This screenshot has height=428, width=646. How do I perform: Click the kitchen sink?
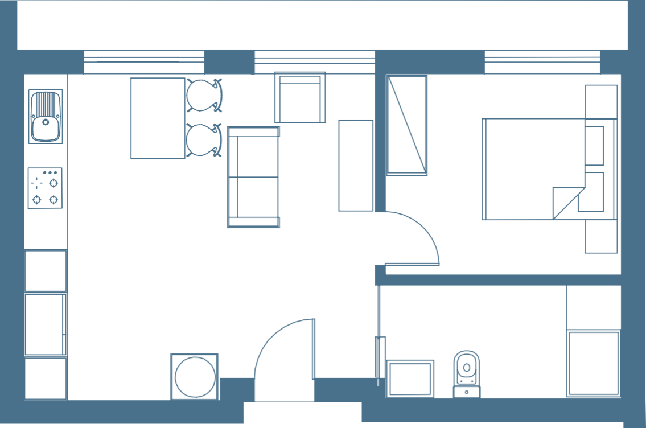point(46,116)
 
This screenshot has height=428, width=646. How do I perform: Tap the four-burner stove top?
point(46,188)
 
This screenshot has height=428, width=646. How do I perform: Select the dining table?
point(158,118)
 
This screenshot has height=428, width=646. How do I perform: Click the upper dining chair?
point(204,94)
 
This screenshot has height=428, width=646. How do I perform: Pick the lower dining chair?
point(204,139)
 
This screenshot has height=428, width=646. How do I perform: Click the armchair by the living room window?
point(300,97)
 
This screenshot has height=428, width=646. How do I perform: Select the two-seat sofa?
point(253,177)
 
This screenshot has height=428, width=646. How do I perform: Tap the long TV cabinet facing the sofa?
point(356,165)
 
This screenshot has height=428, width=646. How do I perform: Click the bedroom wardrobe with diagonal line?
point(407,125)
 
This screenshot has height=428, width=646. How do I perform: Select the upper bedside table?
point(601,101)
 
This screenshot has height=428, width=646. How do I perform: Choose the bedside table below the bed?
point(601,237)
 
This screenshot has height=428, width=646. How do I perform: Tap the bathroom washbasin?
point(410,378)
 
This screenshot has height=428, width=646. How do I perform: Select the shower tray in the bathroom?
point(593,363)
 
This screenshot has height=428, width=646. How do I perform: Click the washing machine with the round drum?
point(195,376)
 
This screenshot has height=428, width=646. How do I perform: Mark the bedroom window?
point(542,61)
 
